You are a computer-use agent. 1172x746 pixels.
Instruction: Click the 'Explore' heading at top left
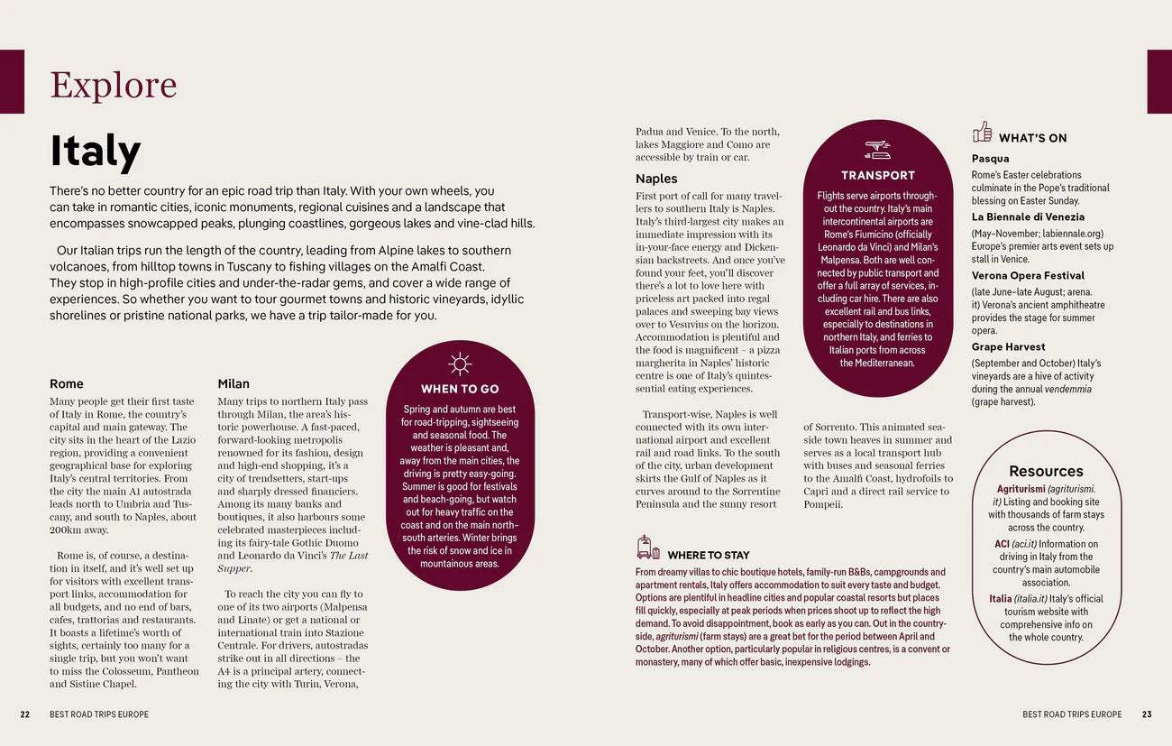(x=114, y=86)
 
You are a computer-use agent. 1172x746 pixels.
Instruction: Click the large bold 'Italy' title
(x=96, y=152)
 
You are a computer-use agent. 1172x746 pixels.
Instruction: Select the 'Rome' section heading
(x=67, y=383)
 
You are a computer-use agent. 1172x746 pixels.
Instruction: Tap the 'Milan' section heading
(x=233, y=383)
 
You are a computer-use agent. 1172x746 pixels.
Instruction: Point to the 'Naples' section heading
(x=656, y=179)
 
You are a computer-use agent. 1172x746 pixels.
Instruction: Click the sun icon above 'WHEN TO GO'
(x=460, y=364)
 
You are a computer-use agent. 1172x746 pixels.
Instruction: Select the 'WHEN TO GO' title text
(x=460, y=389)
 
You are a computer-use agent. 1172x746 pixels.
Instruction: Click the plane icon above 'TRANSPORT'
(x=877, y=149)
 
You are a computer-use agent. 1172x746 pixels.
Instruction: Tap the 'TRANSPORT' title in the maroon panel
(x=877, y=175)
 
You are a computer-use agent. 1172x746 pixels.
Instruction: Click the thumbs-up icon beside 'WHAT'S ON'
(x=982, y=132)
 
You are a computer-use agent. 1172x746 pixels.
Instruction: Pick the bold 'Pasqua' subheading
(x=990, y=159)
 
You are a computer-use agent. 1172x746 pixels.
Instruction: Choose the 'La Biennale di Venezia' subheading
(x=1028, y=216)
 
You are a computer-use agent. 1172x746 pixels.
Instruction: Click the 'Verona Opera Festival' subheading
(x=1028, y=275)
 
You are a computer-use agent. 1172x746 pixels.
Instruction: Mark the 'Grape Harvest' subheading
(x=1008, y=346)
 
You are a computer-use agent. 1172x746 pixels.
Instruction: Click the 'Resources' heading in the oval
(x=1046, y=471)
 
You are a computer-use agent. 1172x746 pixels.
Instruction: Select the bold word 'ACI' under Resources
(x=1002, y=544)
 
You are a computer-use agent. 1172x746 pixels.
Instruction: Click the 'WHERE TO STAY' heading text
(x=708, y=555)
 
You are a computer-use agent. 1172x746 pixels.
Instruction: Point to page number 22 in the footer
(x=25, y=714)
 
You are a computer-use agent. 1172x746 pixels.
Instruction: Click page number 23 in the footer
(x=1147, y=714)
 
